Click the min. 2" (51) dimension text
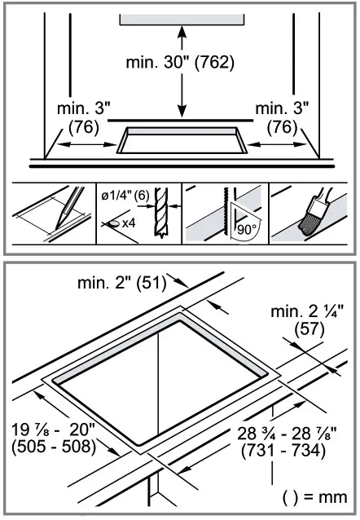[x=121, y=284]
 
